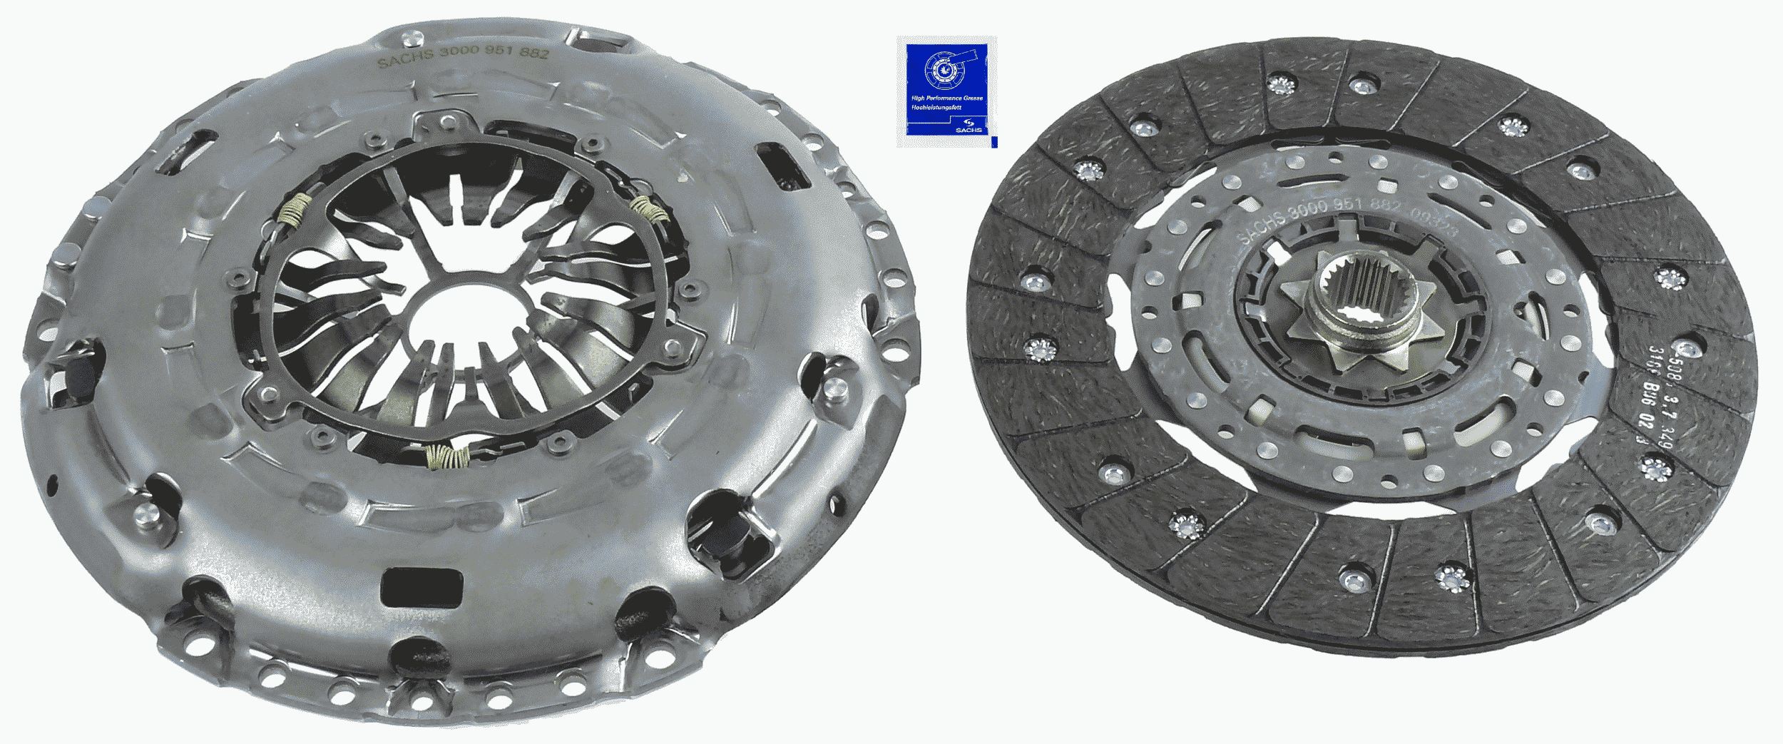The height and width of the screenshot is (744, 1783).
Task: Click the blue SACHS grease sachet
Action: pyautogui.click(x=946, y=91)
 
